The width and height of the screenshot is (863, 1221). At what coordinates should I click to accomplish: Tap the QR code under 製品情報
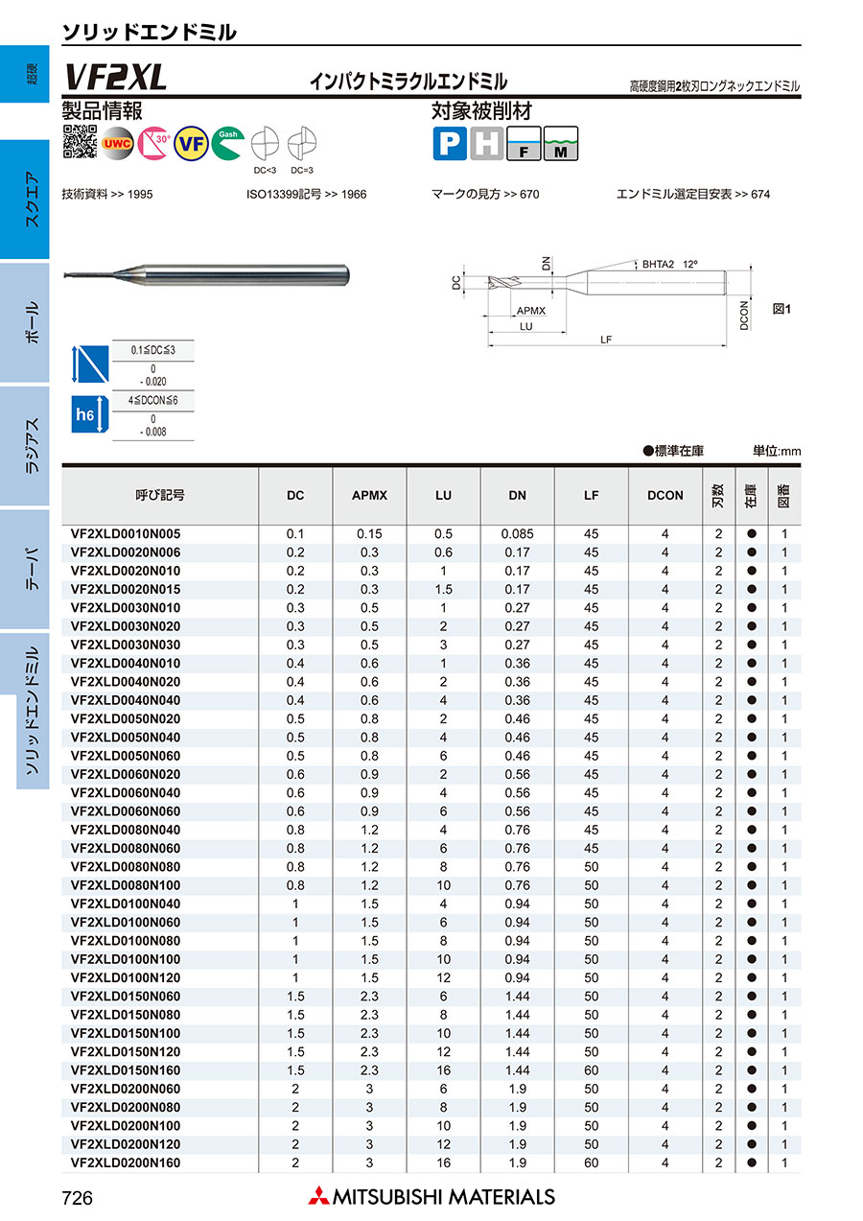(81, 142)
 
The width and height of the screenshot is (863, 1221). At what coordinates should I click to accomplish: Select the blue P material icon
(449, 144)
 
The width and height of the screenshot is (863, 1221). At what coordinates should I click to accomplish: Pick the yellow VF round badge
(191, 143)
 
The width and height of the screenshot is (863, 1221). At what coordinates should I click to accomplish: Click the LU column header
(443, 495)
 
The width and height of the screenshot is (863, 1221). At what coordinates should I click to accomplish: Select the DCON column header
(665, 495)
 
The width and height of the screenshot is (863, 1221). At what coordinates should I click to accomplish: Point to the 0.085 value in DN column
(517, 534)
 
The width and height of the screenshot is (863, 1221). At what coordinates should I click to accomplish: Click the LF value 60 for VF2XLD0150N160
(591, 1070)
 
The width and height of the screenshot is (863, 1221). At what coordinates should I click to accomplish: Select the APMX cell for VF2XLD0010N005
(369, 534)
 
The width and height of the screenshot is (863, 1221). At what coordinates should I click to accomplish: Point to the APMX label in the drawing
(530, 312)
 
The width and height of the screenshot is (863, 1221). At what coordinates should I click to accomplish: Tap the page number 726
(77, 1197)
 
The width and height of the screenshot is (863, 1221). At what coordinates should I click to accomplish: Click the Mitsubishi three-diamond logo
(318, 1196)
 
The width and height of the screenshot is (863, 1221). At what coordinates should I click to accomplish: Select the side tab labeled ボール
(32, 322)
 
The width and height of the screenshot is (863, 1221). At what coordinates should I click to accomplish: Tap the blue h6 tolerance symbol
(85, 414)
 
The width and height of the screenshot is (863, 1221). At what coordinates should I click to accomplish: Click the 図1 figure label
(781, 310)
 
